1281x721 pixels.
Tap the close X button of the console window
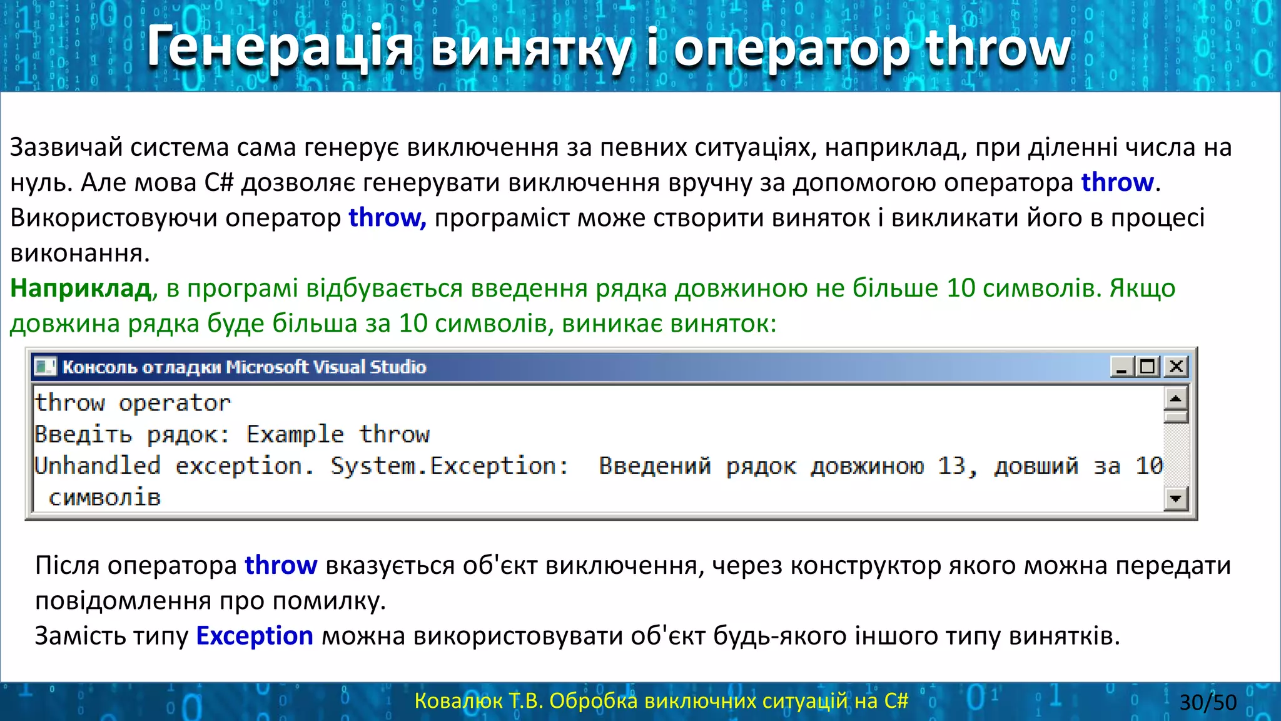click(x=1177, y=366)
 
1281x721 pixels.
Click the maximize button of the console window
click(x=1148, y=366)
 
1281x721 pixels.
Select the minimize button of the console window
click(x=1122, y=366)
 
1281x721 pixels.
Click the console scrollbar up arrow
click(x=1176, y=399)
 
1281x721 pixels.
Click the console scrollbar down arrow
click(x=1176, y=499)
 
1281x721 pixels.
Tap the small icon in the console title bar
click(x=45, y=366)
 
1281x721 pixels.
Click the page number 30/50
click(x=1208, y=702)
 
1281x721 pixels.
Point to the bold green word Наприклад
click(x=81, y=289)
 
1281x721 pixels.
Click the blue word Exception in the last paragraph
click(x=255, y=636)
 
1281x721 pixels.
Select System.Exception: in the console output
click(x=449, y=466)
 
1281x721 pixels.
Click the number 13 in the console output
click(x=952, y=466)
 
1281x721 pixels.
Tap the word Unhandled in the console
click(x=98, y=466)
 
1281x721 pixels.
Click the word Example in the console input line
click(x=295, y=434)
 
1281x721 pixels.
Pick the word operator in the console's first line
click(x=175, y=403)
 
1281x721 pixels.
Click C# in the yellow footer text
click(x=896, y=701)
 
